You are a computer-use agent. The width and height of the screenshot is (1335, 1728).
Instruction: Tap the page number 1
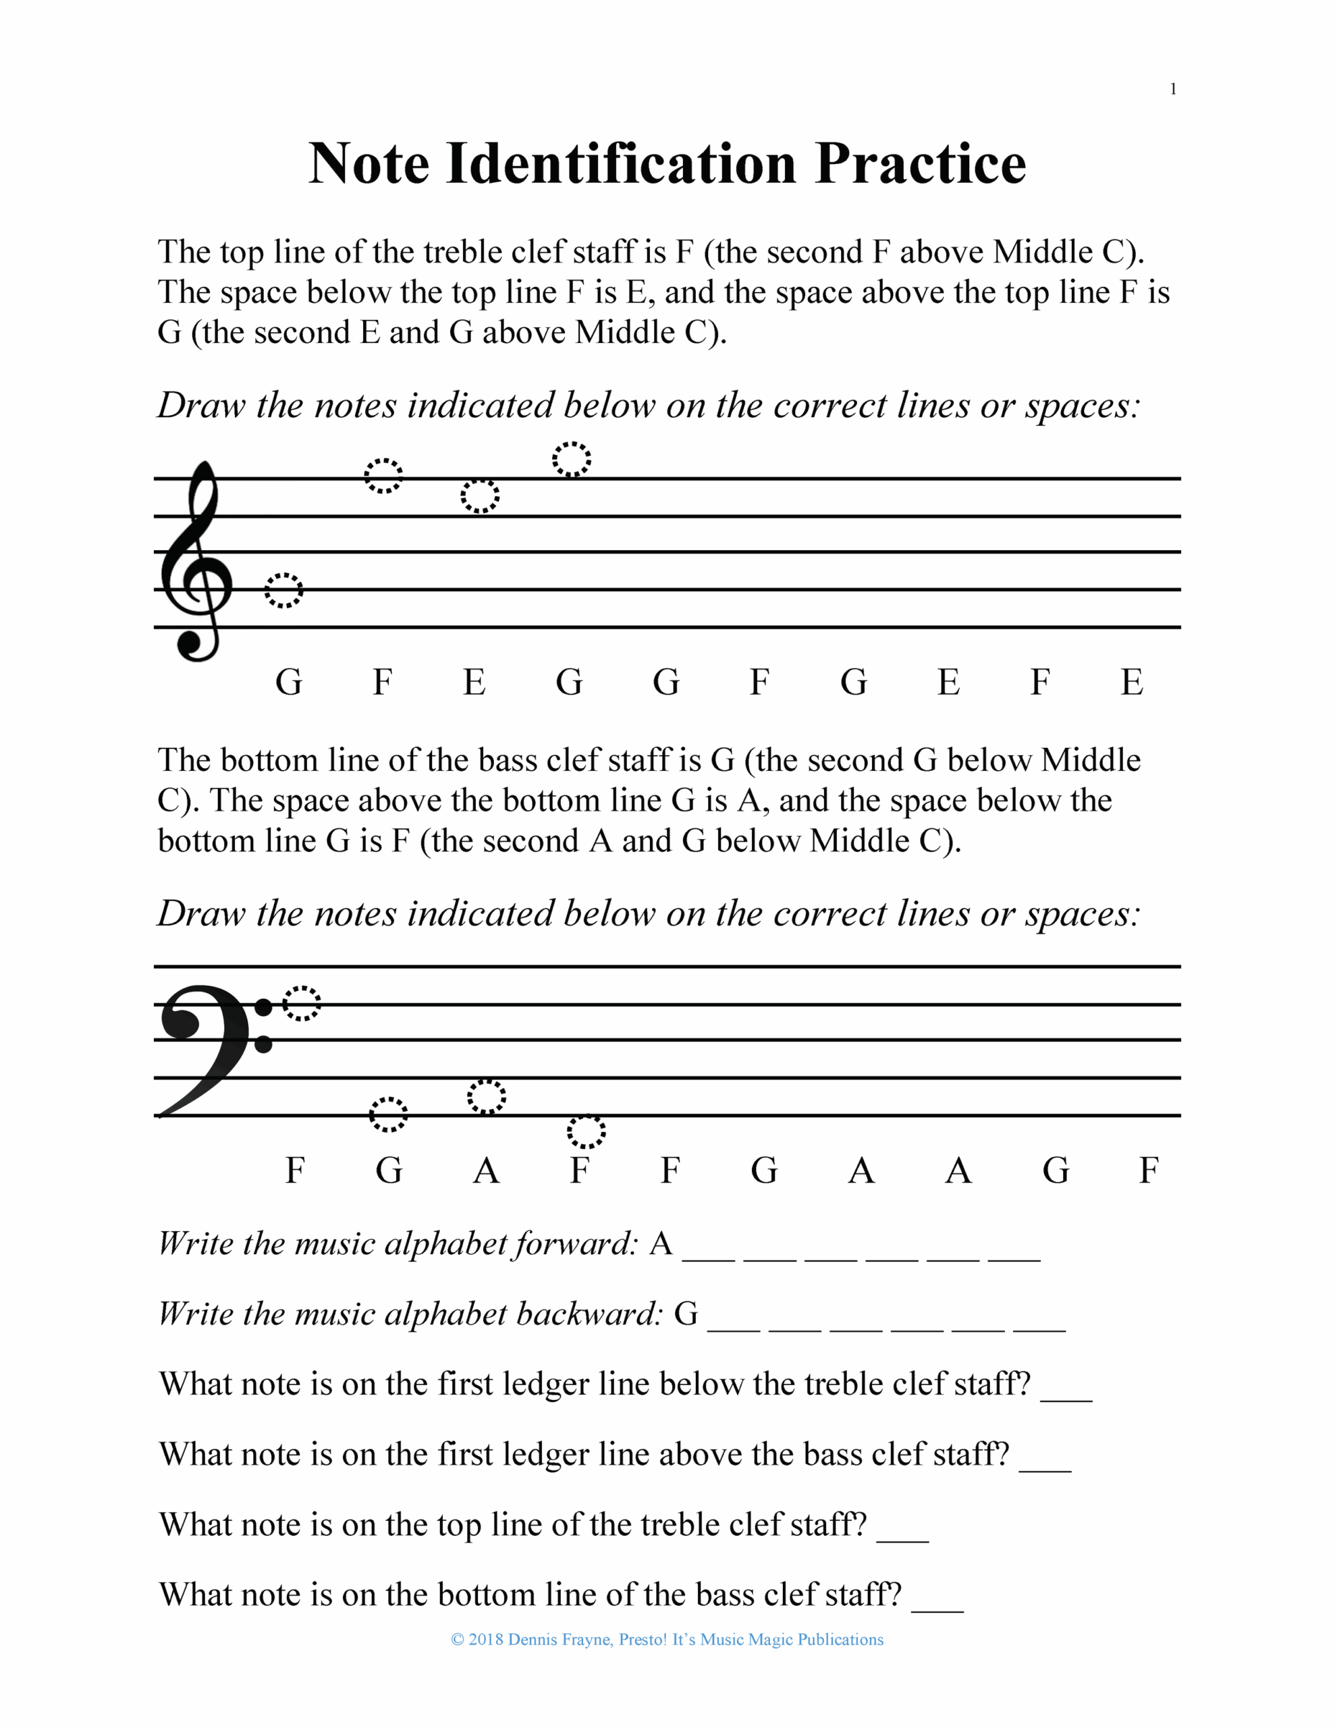[x=1173, y=89]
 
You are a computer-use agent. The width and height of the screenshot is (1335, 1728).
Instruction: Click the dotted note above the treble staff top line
[x=572, y=460]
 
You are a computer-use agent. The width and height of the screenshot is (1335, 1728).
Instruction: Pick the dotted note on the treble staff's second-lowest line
[x=283, y=590]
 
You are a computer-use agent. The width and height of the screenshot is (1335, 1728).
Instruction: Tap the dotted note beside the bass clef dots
[x=302, y=1004]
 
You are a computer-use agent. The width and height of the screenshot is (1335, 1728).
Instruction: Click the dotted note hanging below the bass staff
[x=587, y=1132]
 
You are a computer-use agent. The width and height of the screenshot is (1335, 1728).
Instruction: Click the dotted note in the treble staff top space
[x=480, y=496]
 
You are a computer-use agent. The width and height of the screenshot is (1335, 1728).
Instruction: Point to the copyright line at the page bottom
[x=667, y=1640]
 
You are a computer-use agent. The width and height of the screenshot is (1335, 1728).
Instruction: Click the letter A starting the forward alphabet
[x=661, y=1245]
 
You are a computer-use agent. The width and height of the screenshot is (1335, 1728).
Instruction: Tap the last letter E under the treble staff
[x=1132, y=682]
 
